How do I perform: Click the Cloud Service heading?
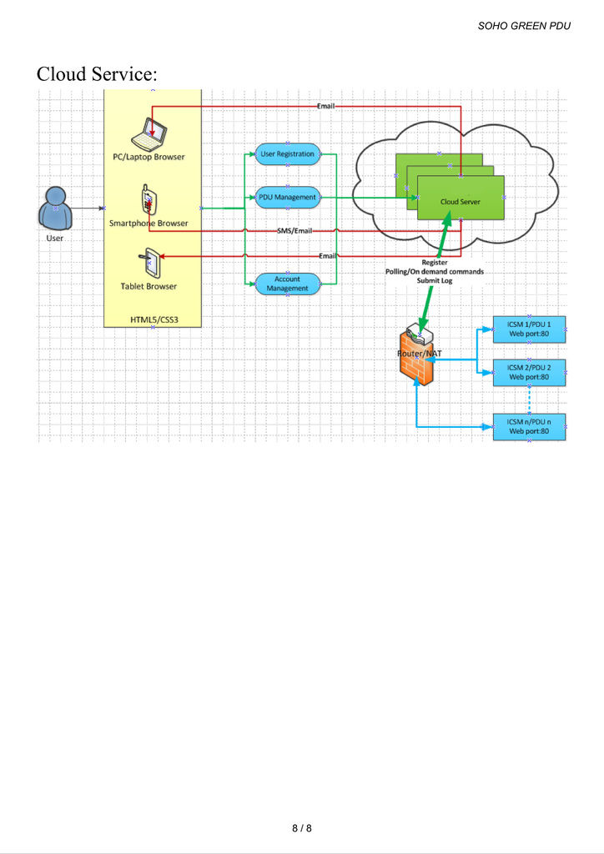click(96, 73)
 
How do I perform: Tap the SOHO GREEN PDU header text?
click(524, 26)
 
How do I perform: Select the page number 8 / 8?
click(301, 828)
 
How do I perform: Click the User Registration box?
click(287, 154)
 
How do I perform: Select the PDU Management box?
click(287, 198)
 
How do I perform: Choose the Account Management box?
click(287, 284)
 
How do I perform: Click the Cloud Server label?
click(460, 202)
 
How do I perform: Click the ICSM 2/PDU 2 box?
click(529, 372)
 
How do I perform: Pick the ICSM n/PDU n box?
click(529, 426)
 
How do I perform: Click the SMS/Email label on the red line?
click(294, 230)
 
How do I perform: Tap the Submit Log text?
click(434, 281)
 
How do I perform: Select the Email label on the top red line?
click(327, 106)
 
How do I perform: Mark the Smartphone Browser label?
click(148, 224)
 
